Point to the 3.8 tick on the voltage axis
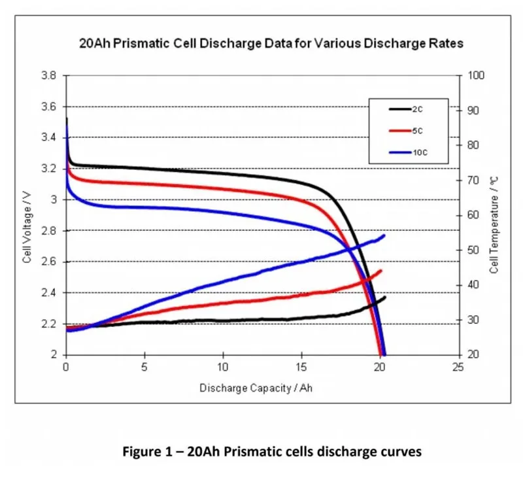point(49,75)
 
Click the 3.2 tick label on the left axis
point(49,169)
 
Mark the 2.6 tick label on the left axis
point(49,262)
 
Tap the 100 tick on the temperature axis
point(477,75)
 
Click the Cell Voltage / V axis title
point(27,215)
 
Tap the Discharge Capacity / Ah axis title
point(261,388)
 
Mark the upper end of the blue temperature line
point(384,235)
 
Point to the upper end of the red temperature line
point(381,270)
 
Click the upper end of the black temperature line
point(385,297)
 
